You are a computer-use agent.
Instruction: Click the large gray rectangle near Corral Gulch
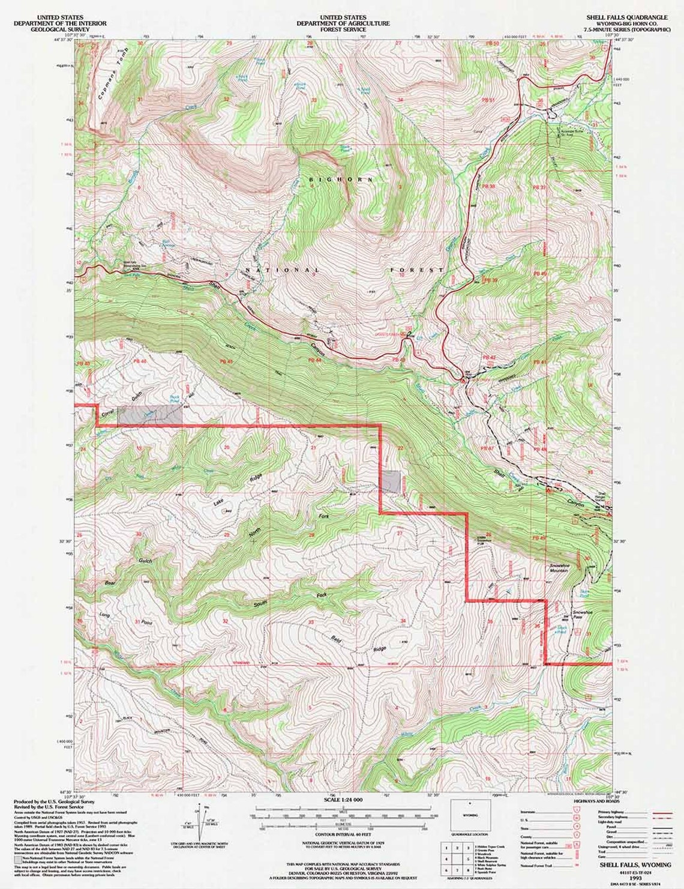click(x=149, y=415)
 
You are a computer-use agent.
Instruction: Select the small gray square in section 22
click(x=391, y=482)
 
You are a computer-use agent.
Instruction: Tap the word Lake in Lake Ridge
click(x=218, y=505)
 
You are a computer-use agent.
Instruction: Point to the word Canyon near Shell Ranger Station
click(x=575, y=505)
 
